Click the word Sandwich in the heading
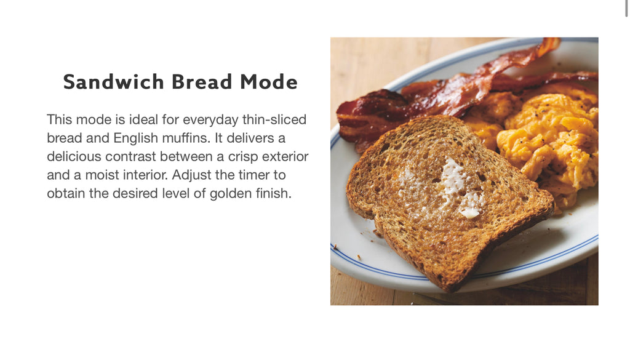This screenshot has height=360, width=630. [x=114, y=82]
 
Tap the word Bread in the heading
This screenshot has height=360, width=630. [x=202, y=82]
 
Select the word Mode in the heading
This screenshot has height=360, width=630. [x=269, y=82]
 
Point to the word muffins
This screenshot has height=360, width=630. [x=186, y=138]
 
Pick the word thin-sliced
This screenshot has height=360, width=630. [x=274, y=119]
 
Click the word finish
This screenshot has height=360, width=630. [x=274, y=193]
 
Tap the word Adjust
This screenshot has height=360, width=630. [x=192, y=175]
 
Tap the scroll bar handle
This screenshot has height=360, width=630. [x=626, y=8]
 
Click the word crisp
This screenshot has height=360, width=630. [x=241, y=157]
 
